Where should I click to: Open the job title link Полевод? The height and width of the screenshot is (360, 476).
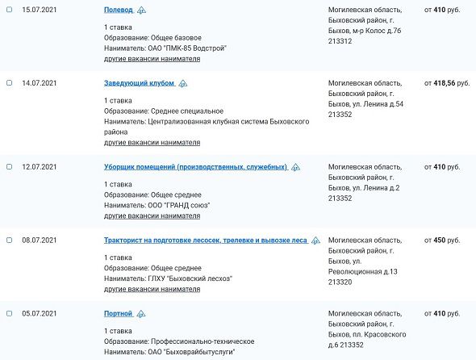pyautogui.click(x=119, y=10)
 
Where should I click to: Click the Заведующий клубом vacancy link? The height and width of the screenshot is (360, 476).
pyautogui.click(x=140, y=83)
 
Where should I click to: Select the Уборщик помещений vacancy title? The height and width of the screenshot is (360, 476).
pyautogui.click(x=195, y=167)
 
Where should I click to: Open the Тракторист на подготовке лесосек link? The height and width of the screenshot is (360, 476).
pyautogui.click(x=206, y=241)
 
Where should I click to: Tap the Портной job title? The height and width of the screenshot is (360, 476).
pyautogui.click(x=119, y=313)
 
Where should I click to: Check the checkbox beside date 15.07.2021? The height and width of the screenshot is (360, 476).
pyautogui.click(x=9, y=10)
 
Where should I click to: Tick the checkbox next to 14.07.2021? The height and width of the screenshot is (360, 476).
pyautogui.click(x=9, y=83)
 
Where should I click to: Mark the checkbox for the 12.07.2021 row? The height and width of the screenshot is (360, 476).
pyautogui.click(x=9, y=167)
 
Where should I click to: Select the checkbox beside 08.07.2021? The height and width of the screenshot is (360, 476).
pyautogui.click(x=9, y=241)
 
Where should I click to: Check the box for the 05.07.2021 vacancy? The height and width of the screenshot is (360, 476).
pyautogui.click(x=9, y=313)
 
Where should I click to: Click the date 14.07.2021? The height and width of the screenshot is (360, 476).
pyautogui.click(x=39, y=83)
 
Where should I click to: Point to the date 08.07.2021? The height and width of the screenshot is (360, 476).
pyautogui.click(x=39, y=241)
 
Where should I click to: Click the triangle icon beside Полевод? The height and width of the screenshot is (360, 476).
pyautogui.click(x=142, y=10)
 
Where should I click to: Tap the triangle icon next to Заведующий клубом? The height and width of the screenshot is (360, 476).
pyautogui.click(x=183, y=83)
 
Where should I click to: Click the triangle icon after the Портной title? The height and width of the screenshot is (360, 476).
pyautogui.click(x=141, y=313)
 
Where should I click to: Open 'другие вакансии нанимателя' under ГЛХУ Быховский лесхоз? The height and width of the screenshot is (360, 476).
pyautogui.click(x=152, y=289)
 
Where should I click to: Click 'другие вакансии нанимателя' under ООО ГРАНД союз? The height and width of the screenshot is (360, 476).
pyautogui.click(x=152, y=216)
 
